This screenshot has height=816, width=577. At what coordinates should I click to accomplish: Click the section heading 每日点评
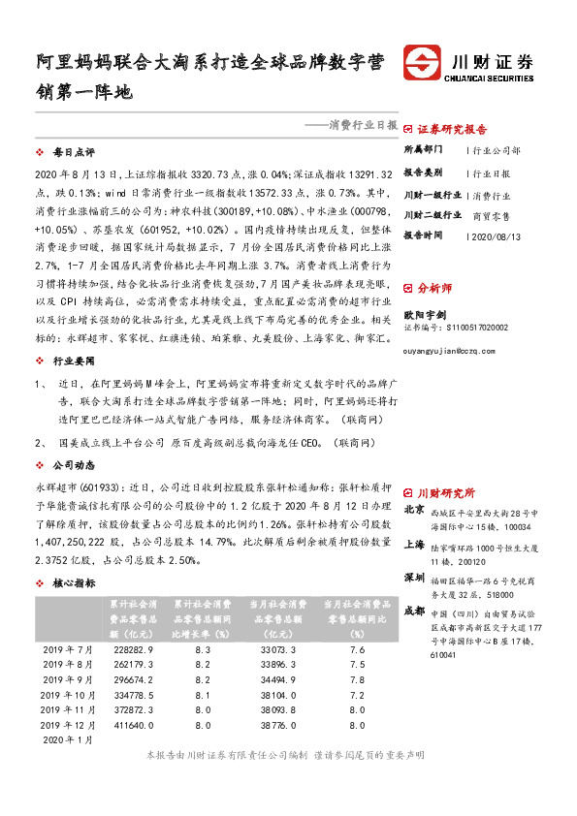(73, 153)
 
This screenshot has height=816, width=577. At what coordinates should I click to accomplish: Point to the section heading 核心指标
(73, 583)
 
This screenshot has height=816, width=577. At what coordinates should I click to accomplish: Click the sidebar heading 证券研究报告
(452, 128)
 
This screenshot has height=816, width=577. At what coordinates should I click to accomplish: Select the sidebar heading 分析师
(433, 288)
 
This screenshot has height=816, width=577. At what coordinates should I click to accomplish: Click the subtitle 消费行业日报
(363, 126)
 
